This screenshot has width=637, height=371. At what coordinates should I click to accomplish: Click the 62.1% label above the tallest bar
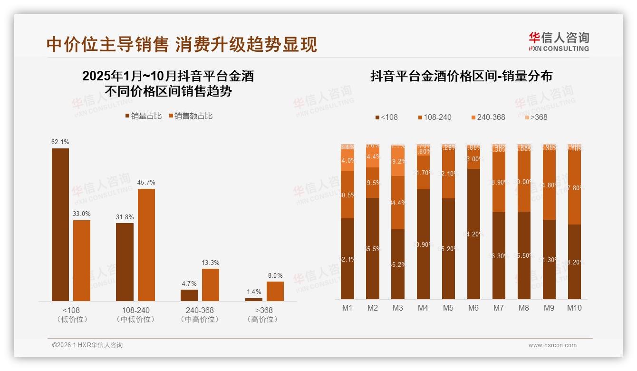click(x=60, y=142)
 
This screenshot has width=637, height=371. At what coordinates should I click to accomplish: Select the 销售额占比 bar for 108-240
click(x=146, y=245)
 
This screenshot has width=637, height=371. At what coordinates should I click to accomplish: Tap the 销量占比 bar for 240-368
click(x=189, y=295)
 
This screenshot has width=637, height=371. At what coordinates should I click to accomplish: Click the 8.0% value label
click(x=275, y=275)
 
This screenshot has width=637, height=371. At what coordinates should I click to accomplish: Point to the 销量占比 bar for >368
click(x=254, y=300)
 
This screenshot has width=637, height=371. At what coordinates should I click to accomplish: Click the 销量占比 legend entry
click(x=144, y=116)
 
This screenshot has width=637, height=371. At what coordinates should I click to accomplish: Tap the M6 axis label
click(x=473, y=308)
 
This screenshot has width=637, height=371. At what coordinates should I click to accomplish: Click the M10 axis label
click(x=574, y=308)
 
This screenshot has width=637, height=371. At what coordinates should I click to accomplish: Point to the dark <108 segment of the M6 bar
click(x=473, y=234)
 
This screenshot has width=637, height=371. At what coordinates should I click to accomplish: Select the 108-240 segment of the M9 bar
click(x=549, y=185)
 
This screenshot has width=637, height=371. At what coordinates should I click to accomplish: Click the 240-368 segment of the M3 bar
click(x=398, y=161)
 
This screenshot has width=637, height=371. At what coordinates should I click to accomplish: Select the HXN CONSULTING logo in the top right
click(x=559, y=42)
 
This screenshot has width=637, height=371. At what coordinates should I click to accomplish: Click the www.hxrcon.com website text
click(x=552, y=345)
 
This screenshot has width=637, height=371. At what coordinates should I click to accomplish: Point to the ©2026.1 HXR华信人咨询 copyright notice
click(x=87, y=345)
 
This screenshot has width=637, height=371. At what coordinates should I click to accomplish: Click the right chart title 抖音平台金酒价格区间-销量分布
click(x=461, y=77)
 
